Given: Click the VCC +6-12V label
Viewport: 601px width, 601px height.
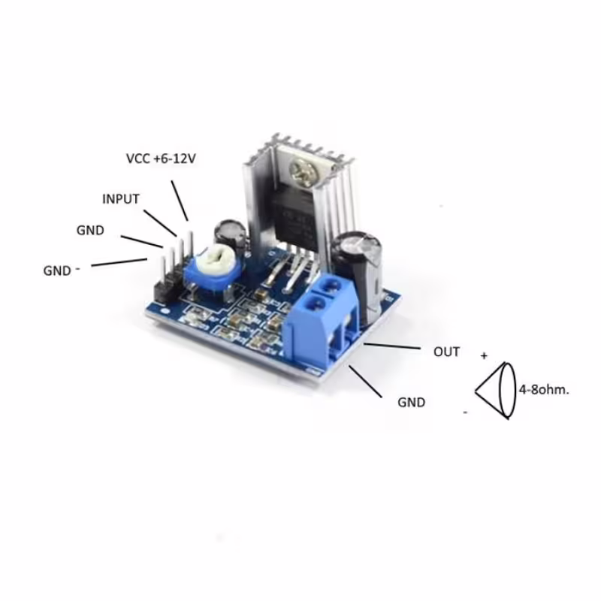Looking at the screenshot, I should coord(164,160).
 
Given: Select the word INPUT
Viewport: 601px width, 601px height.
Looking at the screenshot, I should coord(121,199).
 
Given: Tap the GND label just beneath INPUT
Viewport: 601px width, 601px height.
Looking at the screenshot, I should coord(90,231).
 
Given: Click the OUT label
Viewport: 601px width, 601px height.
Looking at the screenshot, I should coord(446,352).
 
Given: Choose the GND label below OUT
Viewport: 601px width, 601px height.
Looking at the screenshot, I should coord(411,402).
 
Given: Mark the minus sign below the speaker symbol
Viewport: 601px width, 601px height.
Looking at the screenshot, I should coord(466,412).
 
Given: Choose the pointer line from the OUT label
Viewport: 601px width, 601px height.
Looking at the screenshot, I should coord(391,346).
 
